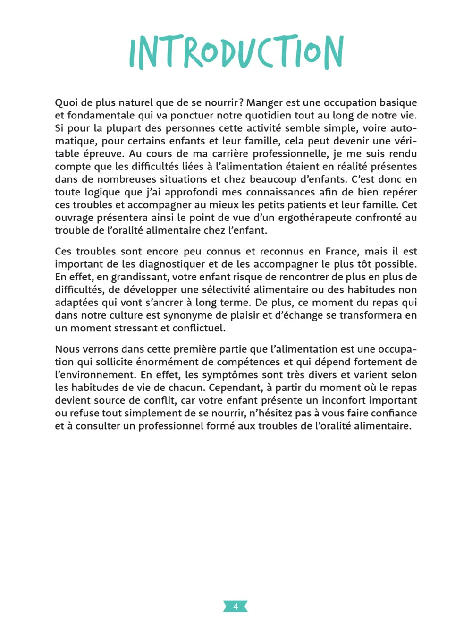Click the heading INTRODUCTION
click(x=236, y=52)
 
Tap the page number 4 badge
click(x=236, y=606)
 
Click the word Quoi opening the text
click(x=66, y=103)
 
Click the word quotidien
click(x=268, y=116)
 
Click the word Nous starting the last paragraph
click(x=67, y=349)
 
